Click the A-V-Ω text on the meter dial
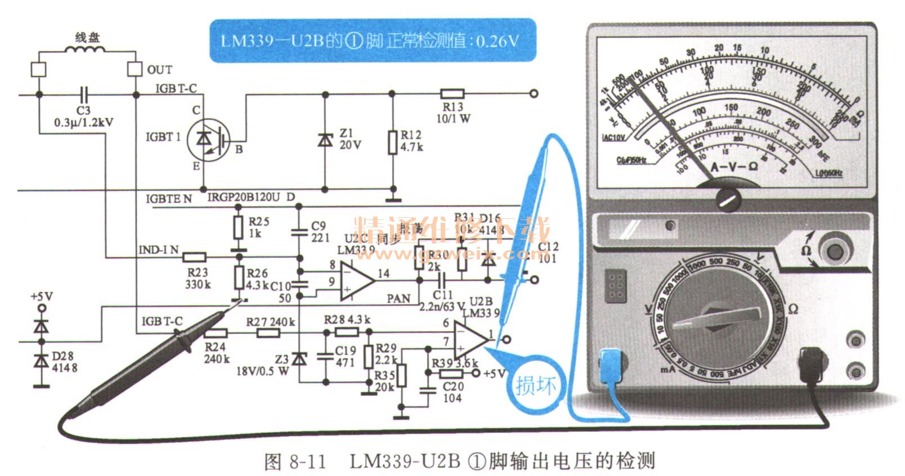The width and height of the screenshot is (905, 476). pos(734,167)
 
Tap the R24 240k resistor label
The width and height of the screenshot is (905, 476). pos(217,353)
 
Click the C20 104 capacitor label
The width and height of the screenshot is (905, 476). pos(452,392)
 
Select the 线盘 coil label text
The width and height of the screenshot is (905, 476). pos(87,38)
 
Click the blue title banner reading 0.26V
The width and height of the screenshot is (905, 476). pos(372,41)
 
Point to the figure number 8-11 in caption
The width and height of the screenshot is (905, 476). pos(307,461)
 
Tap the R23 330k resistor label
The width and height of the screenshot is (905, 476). pos(198,279)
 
